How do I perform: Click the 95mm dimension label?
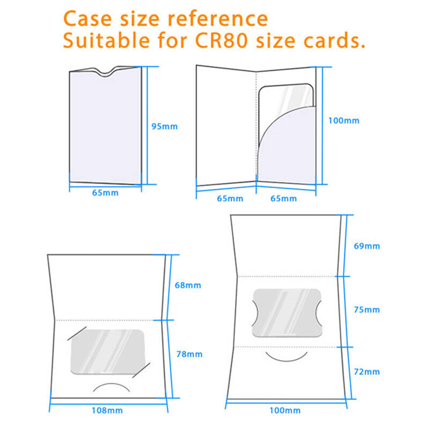165,127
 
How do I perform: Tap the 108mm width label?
107,410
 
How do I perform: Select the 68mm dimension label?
188,285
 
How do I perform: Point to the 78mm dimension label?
189,354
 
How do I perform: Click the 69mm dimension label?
367,246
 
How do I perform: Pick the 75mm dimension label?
367,310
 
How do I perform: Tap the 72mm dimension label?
367,372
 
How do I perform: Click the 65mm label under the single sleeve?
105,193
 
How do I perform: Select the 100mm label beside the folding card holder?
344,121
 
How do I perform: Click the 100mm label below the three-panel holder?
285,410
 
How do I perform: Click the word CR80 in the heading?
221,41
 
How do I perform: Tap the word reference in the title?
218,19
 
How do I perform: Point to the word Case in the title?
87,19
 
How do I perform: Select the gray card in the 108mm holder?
108,352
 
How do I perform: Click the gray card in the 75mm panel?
287,313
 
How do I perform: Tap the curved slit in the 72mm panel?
286,360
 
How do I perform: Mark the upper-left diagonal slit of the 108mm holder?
77,334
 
